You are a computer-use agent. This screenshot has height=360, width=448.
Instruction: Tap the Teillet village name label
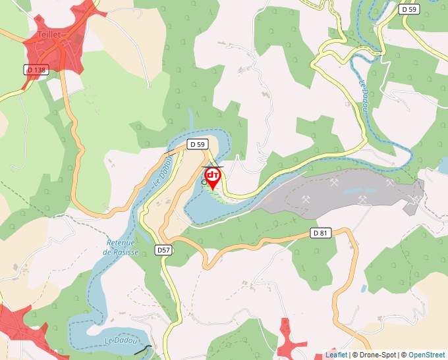pyautogui.click(x=49, y=34)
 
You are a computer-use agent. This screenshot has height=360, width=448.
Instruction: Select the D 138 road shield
pyautogui.click(x=37, y=69)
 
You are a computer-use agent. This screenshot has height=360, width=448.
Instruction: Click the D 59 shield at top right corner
pyautogui.click(x=408, y=9)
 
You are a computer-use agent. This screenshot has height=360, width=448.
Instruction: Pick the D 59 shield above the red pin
pyautogui.click(x=198, y=143)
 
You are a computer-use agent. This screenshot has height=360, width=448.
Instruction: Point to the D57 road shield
pyautogui.click(x=164, y=250)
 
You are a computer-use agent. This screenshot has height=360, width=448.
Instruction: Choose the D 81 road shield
pyautogui.click(x=320, y=233)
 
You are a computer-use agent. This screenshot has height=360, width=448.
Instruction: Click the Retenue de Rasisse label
pyautogui.click(x=121, y=246)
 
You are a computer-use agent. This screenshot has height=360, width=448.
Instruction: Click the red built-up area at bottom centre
pyautogui.click(x=287, y=339)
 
